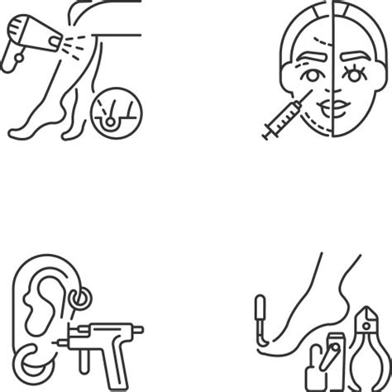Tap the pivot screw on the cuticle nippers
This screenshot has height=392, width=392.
pyautogui.click(x=366, y=325)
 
